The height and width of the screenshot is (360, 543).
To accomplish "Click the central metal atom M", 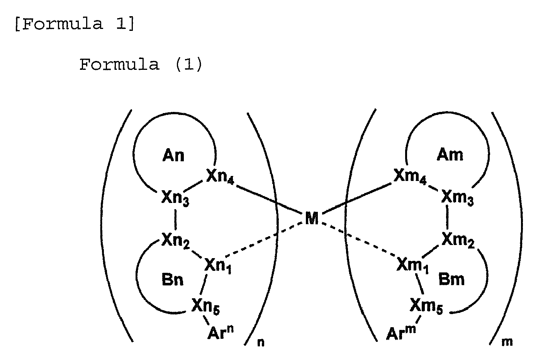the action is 312,218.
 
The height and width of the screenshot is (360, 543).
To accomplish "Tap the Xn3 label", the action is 175,198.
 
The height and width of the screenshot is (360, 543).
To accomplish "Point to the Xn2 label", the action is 176,240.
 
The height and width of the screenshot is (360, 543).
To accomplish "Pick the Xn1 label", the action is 218,266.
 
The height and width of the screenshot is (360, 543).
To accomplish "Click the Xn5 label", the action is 206,306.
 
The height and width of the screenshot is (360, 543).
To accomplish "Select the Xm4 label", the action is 410,176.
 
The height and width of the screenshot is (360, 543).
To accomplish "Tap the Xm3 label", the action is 457,198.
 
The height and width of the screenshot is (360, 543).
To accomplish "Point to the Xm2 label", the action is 458,240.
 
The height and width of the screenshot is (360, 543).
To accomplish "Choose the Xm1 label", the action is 413,265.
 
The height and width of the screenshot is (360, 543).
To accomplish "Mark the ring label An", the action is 173,155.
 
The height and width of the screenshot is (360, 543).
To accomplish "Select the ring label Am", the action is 450,155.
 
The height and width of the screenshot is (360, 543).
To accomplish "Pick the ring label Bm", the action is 451,279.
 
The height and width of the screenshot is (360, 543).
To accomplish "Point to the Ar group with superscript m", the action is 401,333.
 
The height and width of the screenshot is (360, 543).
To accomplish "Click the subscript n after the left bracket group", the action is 261,343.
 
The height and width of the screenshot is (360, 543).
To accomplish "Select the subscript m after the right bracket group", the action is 507,342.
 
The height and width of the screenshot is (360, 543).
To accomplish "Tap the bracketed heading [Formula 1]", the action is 75,24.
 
